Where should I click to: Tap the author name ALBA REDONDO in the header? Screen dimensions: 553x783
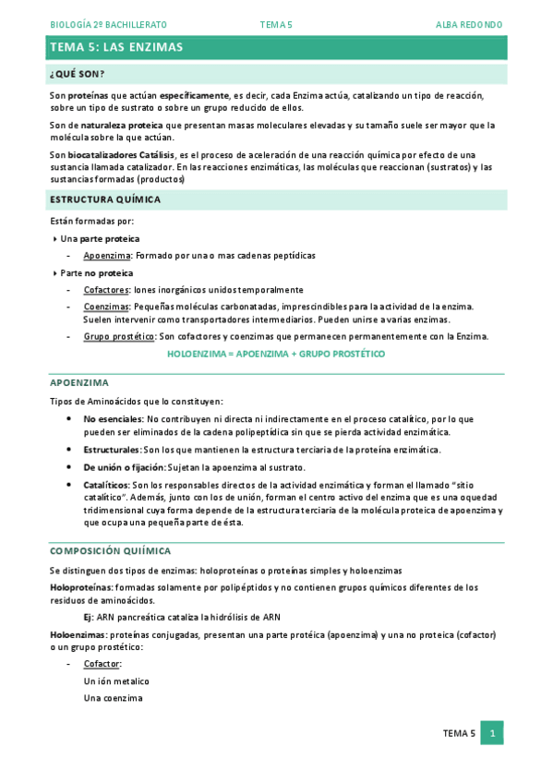coord(469,24)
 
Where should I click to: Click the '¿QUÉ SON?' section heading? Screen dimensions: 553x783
coord(77,74)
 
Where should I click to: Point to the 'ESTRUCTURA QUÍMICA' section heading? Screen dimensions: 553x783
coord(104,199)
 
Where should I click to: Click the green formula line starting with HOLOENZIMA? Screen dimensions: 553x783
coord(276,354)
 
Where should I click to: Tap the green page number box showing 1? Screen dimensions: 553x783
coord(493,733)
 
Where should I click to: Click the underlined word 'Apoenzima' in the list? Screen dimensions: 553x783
coord(106,255)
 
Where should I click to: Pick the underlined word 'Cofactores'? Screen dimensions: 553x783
coord(106,290)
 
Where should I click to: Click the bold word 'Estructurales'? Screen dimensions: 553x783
coord(111,450)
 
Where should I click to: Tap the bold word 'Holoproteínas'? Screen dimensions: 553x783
coord(80,587)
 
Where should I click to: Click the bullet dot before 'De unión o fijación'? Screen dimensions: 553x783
coord(72,467)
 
